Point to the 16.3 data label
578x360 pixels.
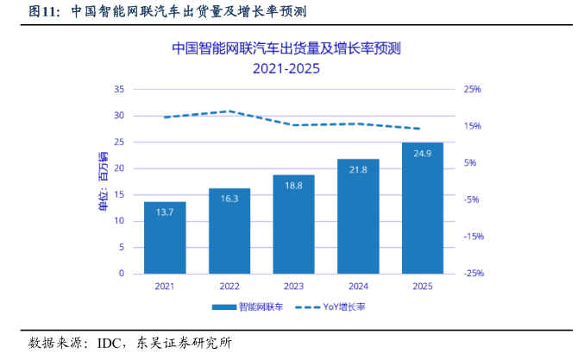coord(229,199)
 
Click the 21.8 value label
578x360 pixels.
coord(358,170)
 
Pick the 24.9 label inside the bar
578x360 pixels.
coord(423,154)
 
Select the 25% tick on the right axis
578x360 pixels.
coord(472,89)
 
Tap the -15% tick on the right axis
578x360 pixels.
coord(472,237)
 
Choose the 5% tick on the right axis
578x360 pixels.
coord(472,163)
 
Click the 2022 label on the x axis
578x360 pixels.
coord(229,286)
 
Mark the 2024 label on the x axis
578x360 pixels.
coord(358,286)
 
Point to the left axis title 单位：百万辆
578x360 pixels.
coord(104,181)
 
